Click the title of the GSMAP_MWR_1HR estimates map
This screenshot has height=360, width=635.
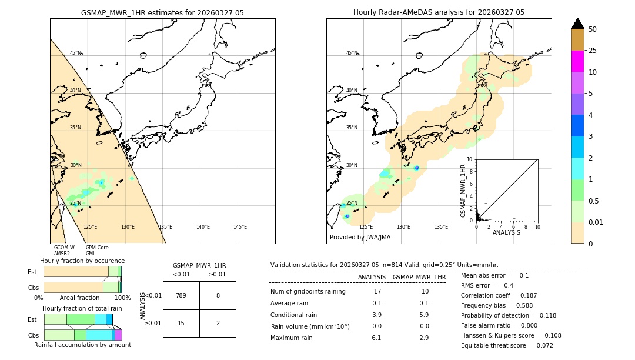coord(162,12)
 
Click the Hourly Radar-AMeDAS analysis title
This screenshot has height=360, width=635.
coord(439,12)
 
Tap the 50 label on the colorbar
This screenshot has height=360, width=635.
coord(593,29)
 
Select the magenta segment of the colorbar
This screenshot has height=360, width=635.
coord(578,61)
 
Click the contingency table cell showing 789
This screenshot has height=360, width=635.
coord(181,295)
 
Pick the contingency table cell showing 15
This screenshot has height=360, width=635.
coord(181,323)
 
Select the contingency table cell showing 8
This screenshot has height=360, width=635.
coord(218,295)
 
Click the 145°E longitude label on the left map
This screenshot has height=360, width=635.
coord(240,227)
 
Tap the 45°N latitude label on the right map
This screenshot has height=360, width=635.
coord(352,53)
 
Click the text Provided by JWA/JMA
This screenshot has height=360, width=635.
coord(360,237)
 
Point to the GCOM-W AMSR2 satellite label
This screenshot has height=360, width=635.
coord(64,251)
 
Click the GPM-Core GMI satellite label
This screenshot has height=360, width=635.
coord(97,251)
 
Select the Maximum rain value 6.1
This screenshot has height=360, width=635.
coord(377,338)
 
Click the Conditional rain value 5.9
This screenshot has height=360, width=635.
coord(424,315)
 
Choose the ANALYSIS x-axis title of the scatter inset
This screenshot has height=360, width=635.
coord(506,232)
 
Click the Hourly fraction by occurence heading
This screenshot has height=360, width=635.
coord(82,261)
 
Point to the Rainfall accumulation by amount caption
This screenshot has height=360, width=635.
coord(82,345)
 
